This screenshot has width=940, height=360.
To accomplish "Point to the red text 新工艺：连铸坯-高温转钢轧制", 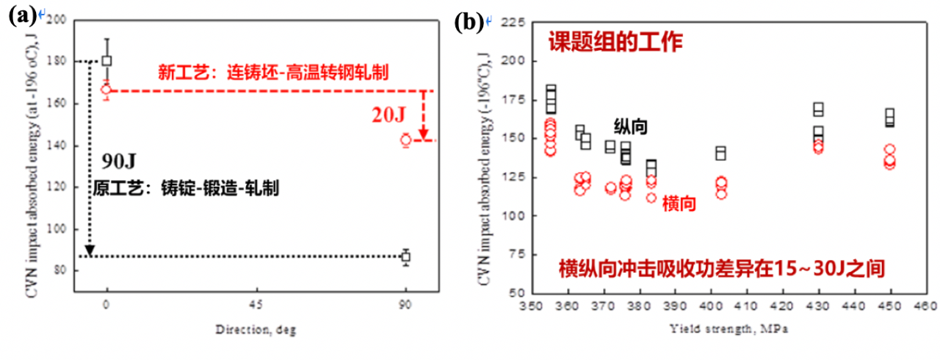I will coord(273,72).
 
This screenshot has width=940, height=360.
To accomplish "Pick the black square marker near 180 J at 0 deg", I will coord(107,61).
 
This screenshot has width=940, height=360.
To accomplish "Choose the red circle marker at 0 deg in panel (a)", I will coord(106,90).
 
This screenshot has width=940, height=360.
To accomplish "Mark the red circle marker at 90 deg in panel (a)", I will coord(405,140).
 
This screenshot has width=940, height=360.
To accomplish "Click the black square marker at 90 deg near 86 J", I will coord(405,257).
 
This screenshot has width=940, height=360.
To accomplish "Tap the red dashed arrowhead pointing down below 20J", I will coord(424,134).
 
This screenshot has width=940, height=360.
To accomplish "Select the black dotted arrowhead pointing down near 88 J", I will coord(90,251).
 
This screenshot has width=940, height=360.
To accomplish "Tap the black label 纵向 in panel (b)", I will coord(631,126).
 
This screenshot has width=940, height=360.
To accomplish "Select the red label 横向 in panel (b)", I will coord(679,203).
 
